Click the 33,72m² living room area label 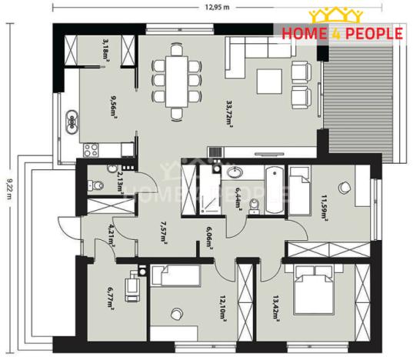point(229,112)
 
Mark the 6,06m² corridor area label point(208,241)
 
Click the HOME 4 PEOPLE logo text point(341,33)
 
